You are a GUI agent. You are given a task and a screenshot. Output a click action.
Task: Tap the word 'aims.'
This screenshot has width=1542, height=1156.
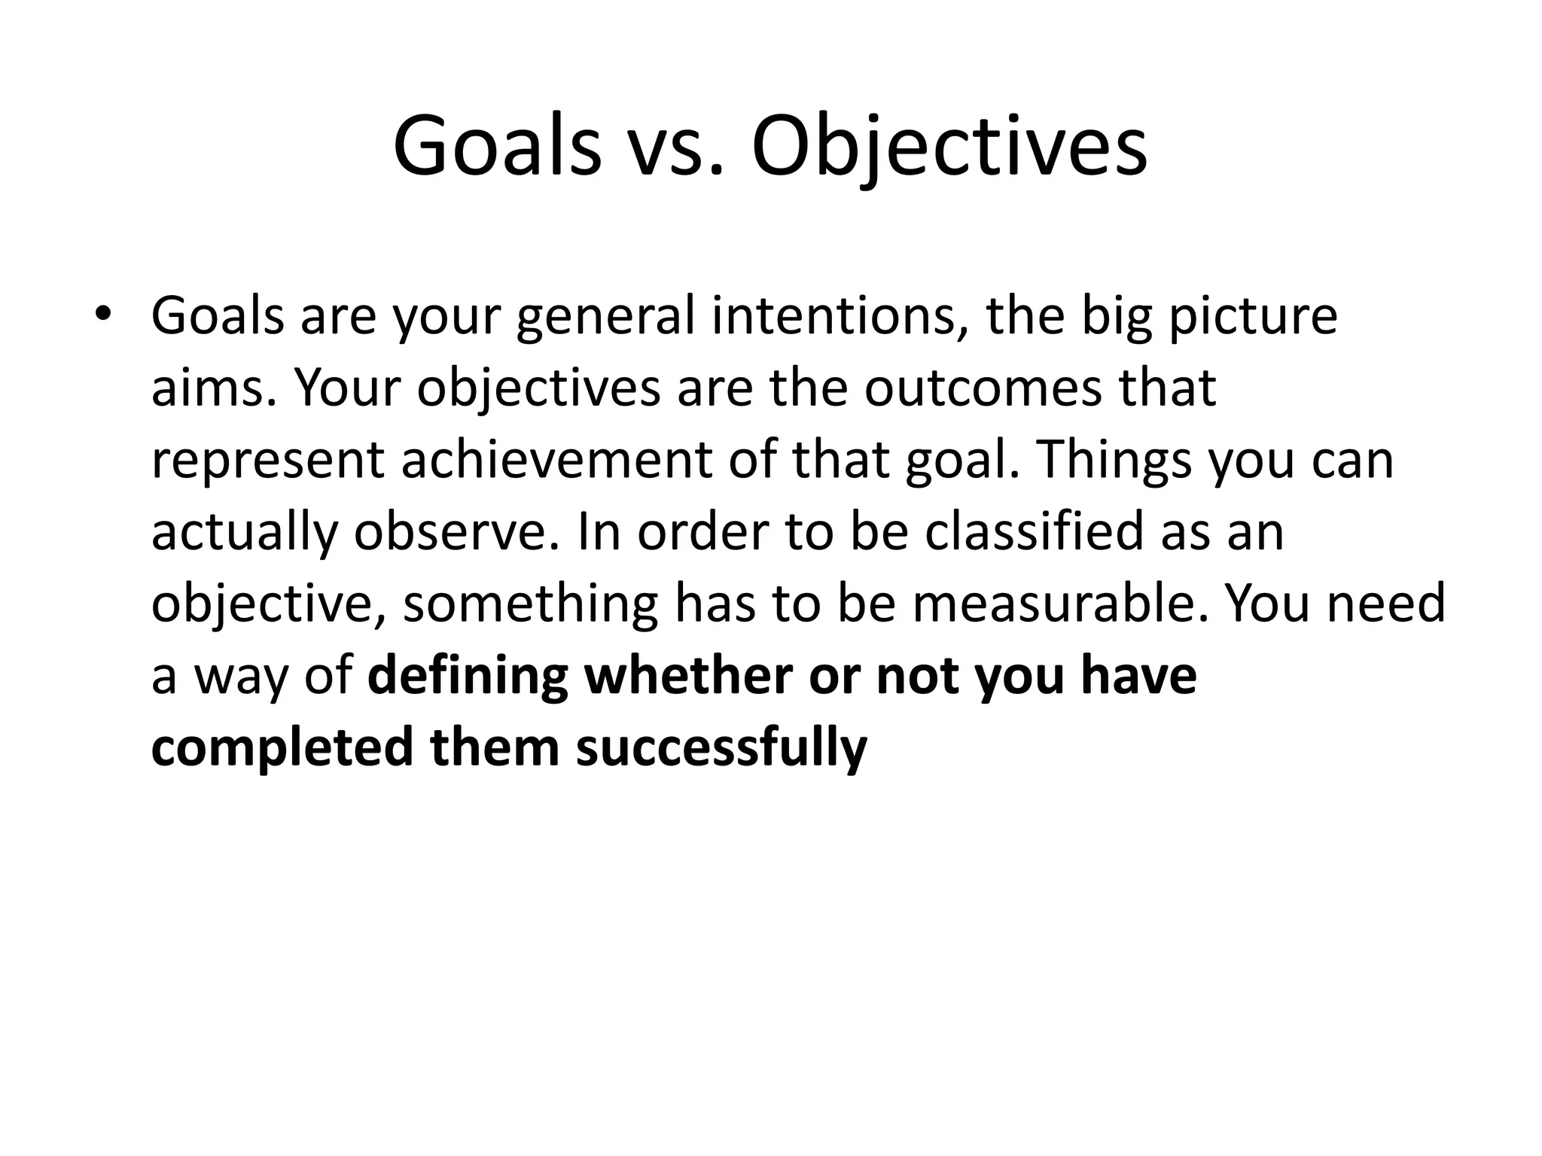pos(215,388)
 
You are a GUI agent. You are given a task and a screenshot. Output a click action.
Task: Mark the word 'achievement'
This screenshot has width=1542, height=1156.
pos(556,459)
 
